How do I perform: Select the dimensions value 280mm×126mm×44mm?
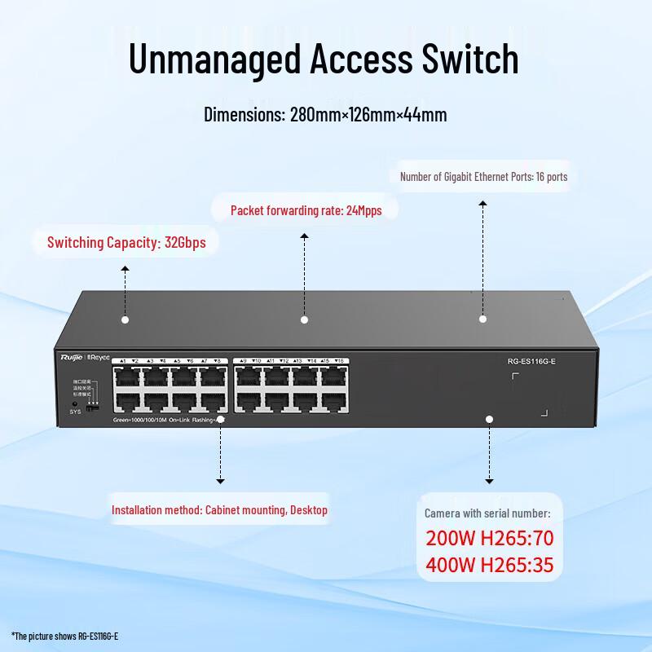[368, 114]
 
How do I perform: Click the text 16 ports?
[552, 176]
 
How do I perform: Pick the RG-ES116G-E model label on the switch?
[531, 361]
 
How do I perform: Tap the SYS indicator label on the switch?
[76, 412]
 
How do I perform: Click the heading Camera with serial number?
[487, 513]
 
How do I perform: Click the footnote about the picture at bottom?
[65, 635]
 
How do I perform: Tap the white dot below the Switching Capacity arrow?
[125, 319]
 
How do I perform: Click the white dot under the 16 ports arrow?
[482, 319]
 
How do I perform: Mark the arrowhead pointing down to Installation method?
[219, 482]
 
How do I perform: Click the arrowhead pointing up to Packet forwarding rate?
[304, 236]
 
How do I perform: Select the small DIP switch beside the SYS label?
[93, 407]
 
